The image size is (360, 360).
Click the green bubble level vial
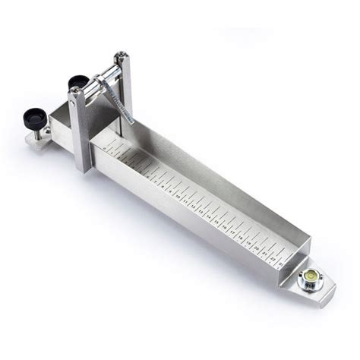pos(310,275)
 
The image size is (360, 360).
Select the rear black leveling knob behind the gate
pos(77,82)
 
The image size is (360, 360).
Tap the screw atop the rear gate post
pos(119,56)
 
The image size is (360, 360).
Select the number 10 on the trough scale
pos(178,196)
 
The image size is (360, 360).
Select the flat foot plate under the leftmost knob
pos(38,140)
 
